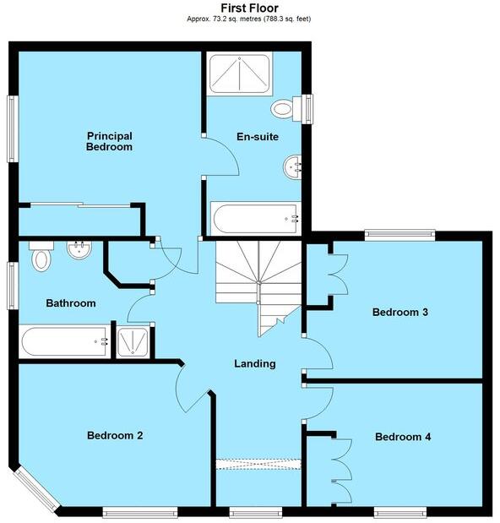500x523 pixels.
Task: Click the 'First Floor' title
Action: click(249, 8)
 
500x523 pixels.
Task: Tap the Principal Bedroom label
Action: click(110, 141)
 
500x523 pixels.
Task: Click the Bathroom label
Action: click(71, 302)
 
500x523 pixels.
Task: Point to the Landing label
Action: click(254, 364)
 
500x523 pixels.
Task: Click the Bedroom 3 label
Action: click(400, 312)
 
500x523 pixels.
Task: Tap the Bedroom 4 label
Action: click(403, 437)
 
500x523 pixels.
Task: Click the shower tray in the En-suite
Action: click(240, 74)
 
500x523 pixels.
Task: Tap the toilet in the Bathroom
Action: click(41, 257)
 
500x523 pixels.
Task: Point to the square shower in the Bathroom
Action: click(133, 342)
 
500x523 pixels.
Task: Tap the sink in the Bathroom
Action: click(79, 251)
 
